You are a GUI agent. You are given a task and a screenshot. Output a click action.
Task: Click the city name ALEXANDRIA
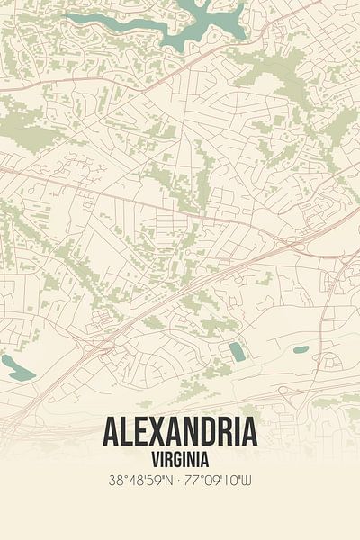180,432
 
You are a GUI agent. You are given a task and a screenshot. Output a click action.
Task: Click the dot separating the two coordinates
180,481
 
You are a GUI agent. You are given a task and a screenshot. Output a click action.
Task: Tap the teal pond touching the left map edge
16,366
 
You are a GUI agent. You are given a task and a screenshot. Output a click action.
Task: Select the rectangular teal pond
236,351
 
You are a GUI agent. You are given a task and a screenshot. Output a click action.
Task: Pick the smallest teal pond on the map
301,349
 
